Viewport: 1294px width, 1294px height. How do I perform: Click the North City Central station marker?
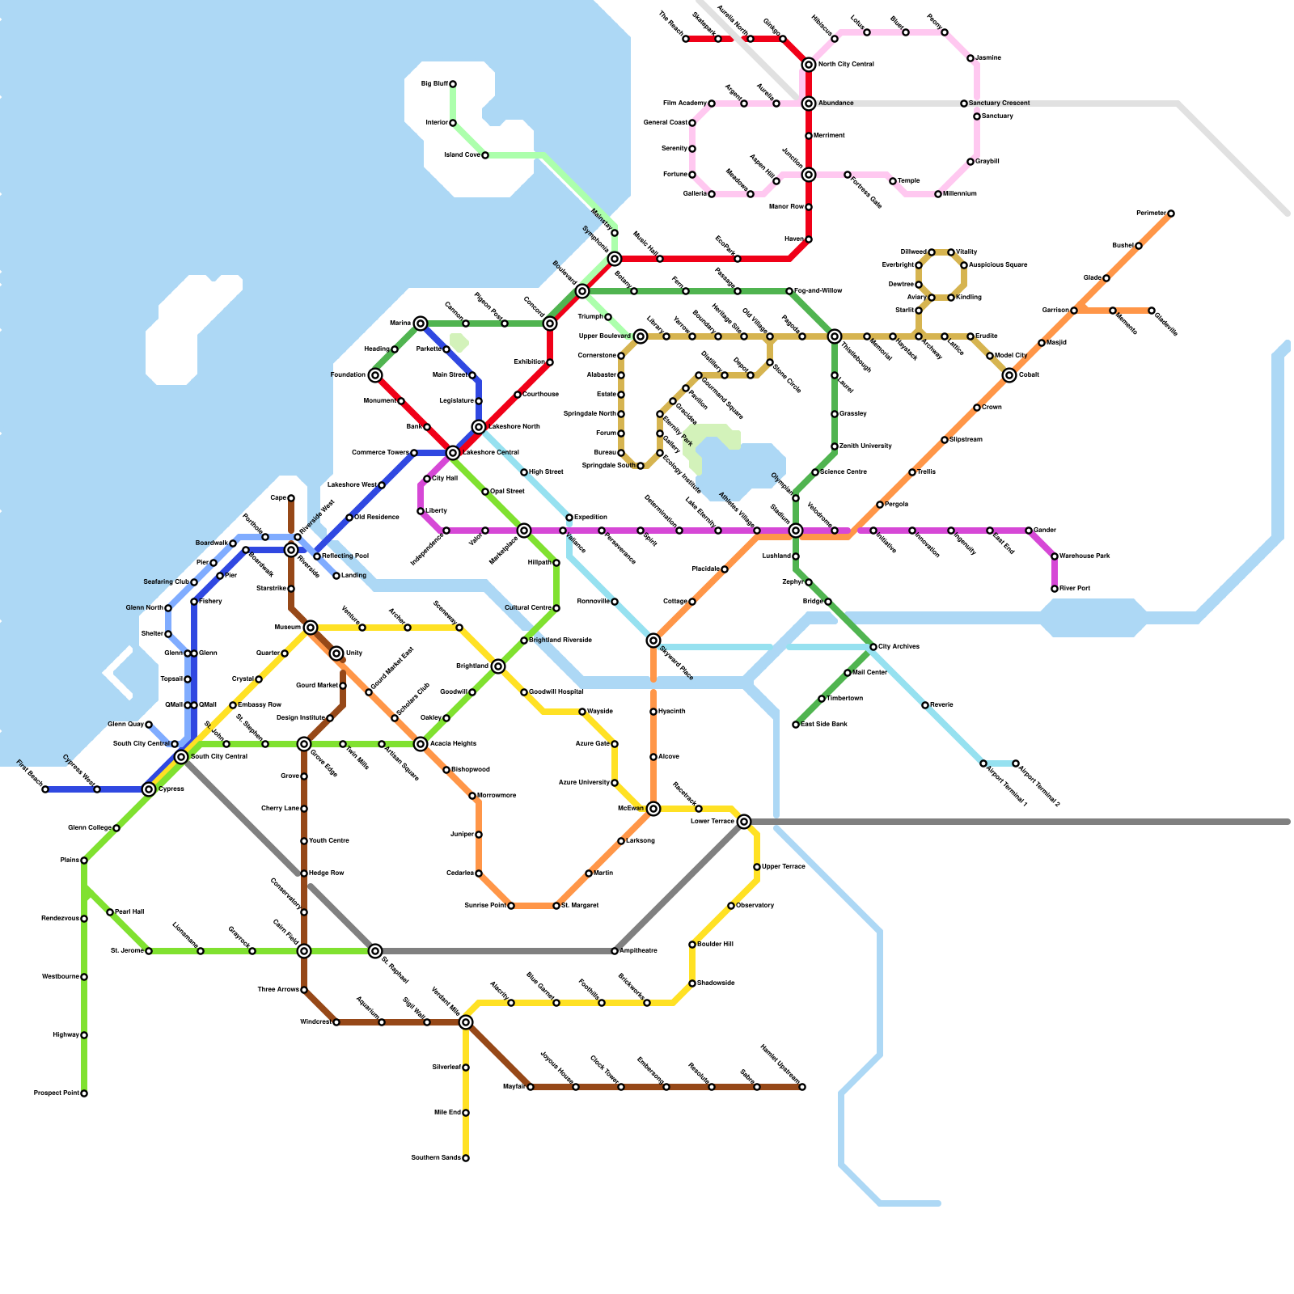click(809, 65)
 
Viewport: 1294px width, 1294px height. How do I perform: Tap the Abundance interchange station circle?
click(809, 104)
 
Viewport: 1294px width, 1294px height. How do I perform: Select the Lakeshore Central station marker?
click(453, 453)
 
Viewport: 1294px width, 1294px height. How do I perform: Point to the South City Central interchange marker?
click(181, 757)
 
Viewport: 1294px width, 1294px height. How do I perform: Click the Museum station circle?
click(311, 628)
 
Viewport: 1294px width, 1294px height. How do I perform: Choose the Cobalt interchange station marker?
click(1009, 375)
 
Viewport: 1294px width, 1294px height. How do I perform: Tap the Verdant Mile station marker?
click(466, 1022)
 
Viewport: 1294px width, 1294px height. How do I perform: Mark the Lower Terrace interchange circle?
click(744, 822)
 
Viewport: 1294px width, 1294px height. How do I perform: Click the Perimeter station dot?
click(1171, 214)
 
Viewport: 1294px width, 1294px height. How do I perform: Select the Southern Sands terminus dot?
click(466, 1158)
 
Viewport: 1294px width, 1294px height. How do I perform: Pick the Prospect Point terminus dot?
click(84, 1093)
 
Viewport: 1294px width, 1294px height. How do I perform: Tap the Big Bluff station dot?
click(453, 84)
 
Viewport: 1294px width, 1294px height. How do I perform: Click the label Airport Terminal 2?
click(1038, 785)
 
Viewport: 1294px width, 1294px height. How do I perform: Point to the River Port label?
click(1076, 589)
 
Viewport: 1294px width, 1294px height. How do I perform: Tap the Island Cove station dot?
click(485, 155)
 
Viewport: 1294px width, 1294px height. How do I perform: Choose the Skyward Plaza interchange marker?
click(653, 641)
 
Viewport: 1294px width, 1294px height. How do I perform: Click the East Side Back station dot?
click(796, 725)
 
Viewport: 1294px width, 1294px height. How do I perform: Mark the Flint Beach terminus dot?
click(45, 789)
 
